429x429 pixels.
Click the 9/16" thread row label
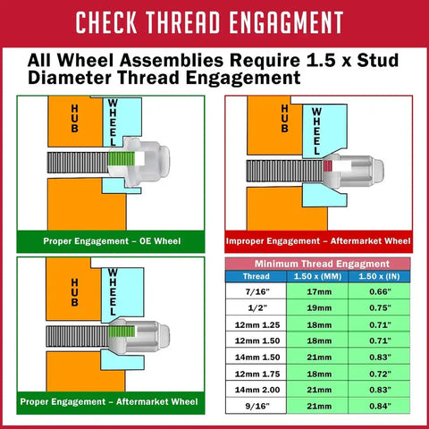coord(257,406)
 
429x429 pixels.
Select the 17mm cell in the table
coord(319,291)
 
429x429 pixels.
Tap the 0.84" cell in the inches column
coord(380,406)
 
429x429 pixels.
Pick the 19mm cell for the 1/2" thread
coord(319,307)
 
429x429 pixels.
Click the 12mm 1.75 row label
coord(257,374)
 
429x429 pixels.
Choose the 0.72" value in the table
coord(380,374)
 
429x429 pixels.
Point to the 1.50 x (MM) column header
coord(317,276)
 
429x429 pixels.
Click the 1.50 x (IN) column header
coord(379,276)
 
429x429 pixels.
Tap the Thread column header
coord(257,276)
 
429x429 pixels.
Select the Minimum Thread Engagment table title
coord(322,264)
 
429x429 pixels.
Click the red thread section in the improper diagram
coord(328,166)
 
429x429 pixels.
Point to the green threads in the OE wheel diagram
coord(122,159)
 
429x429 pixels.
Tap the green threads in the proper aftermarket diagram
coord(122,332)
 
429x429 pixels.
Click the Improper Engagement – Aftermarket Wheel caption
coord(318,240)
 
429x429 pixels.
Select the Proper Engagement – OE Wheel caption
coord(112,240)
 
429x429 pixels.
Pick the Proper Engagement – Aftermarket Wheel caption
coord(109,401)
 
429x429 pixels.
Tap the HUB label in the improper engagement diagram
coord(284,118)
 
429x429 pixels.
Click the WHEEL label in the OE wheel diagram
coord(113,122)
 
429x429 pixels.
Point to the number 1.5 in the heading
coord(321,60)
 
